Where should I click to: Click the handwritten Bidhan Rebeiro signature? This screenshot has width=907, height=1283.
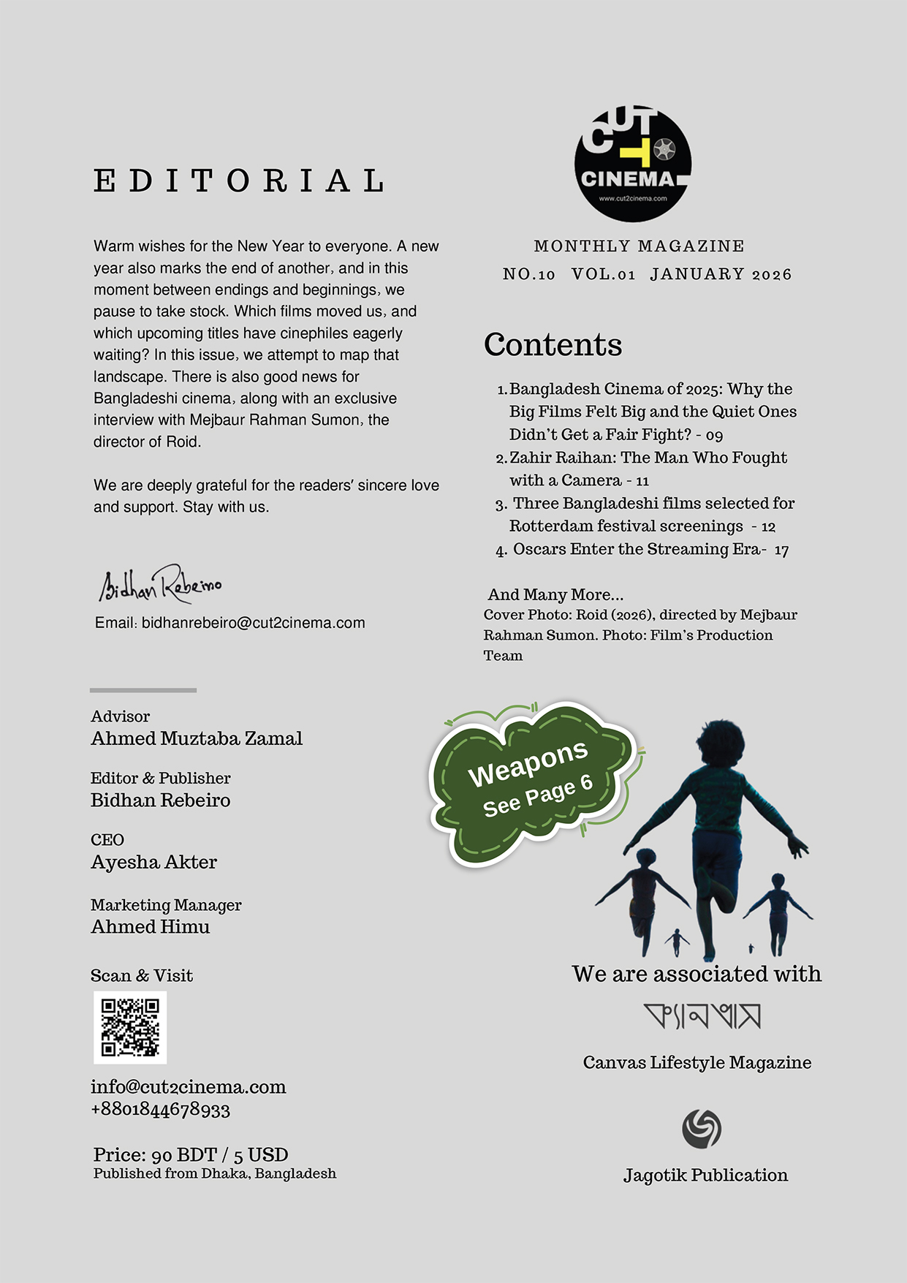click(161, 584)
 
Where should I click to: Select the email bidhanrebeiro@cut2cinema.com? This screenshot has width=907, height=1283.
click(253, 623)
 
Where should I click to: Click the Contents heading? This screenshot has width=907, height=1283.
click(553, 345)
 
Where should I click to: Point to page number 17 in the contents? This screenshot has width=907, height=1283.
click(781, 550)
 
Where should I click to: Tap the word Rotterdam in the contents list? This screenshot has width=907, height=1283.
click(550, 526)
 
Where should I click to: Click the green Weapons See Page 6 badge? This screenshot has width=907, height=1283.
click(534, 782)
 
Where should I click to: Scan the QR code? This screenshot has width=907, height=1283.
click(130, 1027)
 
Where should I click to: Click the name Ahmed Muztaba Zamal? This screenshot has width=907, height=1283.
click(197, 739)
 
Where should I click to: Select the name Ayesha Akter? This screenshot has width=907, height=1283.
click(154, 863)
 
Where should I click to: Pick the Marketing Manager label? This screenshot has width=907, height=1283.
click(166, 905)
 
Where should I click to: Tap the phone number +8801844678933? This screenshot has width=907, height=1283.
click(161, 1110)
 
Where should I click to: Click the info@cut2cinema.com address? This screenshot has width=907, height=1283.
click(189, 1087)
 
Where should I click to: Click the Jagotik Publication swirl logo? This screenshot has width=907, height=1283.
click(702, 1129)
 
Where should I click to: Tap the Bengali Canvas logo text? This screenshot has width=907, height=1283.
click(702, 1016)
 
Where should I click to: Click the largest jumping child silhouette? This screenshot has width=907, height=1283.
click(713, 826)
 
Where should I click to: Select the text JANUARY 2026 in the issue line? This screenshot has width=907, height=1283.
click(721, 275)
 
